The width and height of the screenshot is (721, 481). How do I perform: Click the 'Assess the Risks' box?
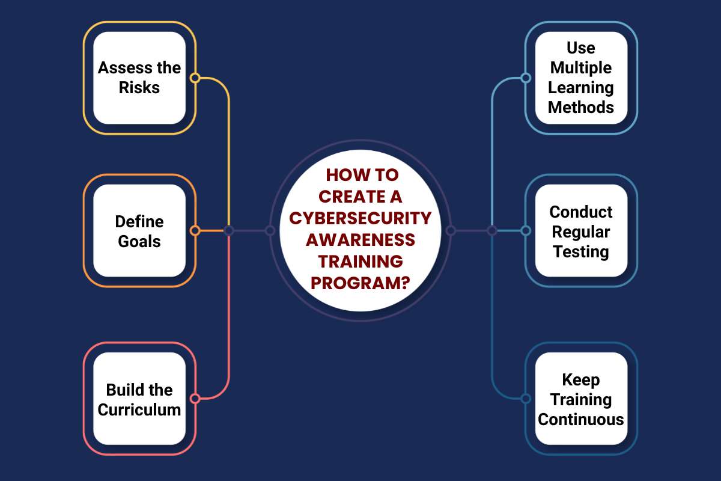139,78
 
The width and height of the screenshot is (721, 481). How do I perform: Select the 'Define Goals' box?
139,231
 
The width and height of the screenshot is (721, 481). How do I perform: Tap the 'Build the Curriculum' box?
139,399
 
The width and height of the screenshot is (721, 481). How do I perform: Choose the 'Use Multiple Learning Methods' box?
582,78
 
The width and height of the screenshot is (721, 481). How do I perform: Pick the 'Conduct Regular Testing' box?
582,231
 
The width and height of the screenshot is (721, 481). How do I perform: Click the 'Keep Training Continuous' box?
582,399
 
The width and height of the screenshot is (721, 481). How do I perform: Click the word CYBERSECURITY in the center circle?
360,218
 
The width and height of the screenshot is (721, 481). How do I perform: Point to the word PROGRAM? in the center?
360,283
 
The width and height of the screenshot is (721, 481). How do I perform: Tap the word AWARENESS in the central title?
360,240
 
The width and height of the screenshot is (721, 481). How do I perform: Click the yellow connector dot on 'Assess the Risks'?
195,78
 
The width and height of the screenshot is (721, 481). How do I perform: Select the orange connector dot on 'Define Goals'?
195,231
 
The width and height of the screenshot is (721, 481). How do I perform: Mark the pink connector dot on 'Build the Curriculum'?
195,399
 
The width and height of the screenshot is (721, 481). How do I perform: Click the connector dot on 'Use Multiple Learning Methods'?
526,78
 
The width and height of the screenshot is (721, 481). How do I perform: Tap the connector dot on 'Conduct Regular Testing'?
526,231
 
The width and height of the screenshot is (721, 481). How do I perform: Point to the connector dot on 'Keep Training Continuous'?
526,399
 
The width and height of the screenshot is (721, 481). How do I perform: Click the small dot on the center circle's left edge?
270,231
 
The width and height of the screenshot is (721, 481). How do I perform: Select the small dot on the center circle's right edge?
451,231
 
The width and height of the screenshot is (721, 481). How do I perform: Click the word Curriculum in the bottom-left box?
139,410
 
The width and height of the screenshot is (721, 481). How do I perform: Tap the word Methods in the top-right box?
581,107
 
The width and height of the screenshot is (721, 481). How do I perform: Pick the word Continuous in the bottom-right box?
581,420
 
